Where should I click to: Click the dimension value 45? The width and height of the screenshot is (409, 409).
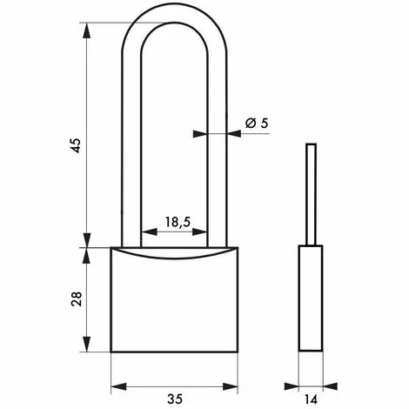[x=76, y=145]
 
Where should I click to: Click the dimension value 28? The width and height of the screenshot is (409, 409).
[x=77, y=299]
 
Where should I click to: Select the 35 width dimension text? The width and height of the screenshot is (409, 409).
[x=175, y=399]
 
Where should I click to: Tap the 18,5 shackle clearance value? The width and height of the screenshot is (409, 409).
[x=178, y=222]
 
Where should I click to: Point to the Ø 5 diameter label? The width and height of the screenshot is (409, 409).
[x=257, y=124]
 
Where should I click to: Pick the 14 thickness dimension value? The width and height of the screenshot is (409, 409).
[x=311, y=400]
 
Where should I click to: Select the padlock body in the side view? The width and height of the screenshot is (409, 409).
[x=311, y=298]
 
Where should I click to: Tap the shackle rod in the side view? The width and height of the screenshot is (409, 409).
[x=312, y=194]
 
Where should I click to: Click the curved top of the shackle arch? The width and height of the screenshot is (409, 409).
[x=174, y=13]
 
